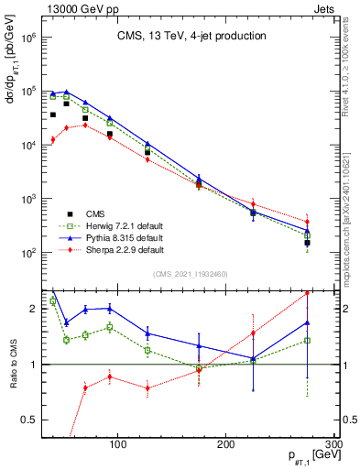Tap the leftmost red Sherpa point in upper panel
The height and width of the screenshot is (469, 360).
click(x=53, y=139)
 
